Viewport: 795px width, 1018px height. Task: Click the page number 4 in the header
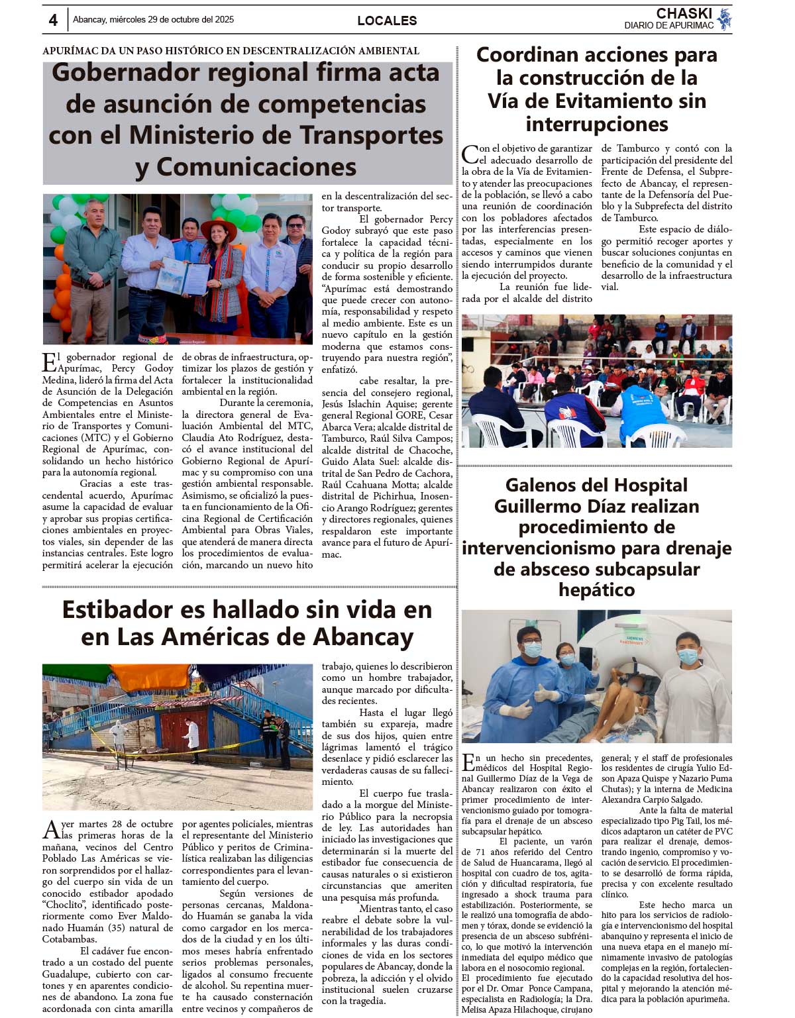pos(53,21)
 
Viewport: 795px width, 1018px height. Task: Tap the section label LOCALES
pos(387,21)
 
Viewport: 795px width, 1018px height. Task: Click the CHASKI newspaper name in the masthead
pos(684,13)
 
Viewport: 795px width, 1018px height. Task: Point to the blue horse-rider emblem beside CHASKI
pos(725,19)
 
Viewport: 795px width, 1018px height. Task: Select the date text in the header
pos(153,20)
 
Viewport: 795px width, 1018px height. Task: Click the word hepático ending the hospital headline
pos(596,589)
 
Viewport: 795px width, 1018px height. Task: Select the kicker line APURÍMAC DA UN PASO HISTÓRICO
pos(231,51)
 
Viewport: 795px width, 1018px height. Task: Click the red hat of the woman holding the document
pos(218,228)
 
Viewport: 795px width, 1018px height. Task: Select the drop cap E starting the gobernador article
pos(49,363)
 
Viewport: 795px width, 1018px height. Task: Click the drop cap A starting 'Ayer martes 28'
pos(51,830)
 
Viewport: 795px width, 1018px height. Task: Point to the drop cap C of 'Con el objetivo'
pos(470,154)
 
